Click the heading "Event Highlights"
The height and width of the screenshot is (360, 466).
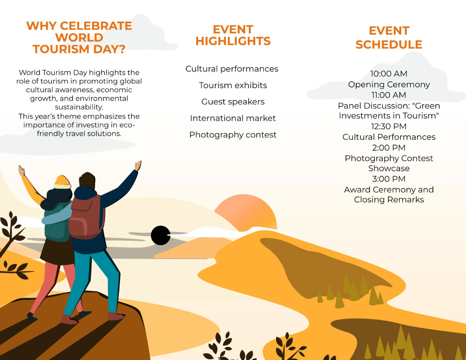click(x=233, y=35)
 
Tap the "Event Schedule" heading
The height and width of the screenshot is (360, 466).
click(x=389, y=38)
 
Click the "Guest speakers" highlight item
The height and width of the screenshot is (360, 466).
click(x=233, y=102)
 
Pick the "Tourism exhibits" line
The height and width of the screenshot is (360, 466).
click(x=233, y=85)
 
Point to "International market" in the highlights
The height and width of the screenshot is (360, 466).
click(x=233, y=118)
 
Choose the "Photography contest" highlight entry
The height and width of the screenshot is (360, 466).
click(x=233, y=135)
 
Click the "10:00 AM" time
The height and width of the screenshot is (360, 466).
click(x=389, y=74)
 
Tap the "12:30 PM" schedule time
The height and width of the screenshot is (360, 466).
click(x=389, y=127)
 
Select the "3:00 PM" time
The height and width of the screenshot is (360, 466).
click(x=389, y=179)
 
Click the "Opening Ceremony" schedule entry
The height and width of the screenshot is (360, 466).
click(x=389, y=85)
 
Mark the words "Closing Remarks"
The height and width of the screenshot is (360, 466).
click(x=389, y=200)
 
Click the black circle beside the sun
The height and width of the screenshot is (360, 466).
click(x=160, y=235)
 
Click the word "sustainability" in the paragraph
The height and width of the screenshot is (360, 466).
click(x=79, y=107)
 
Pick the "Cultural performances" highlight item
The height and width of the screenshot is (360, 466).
click(x=232, y=69)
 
